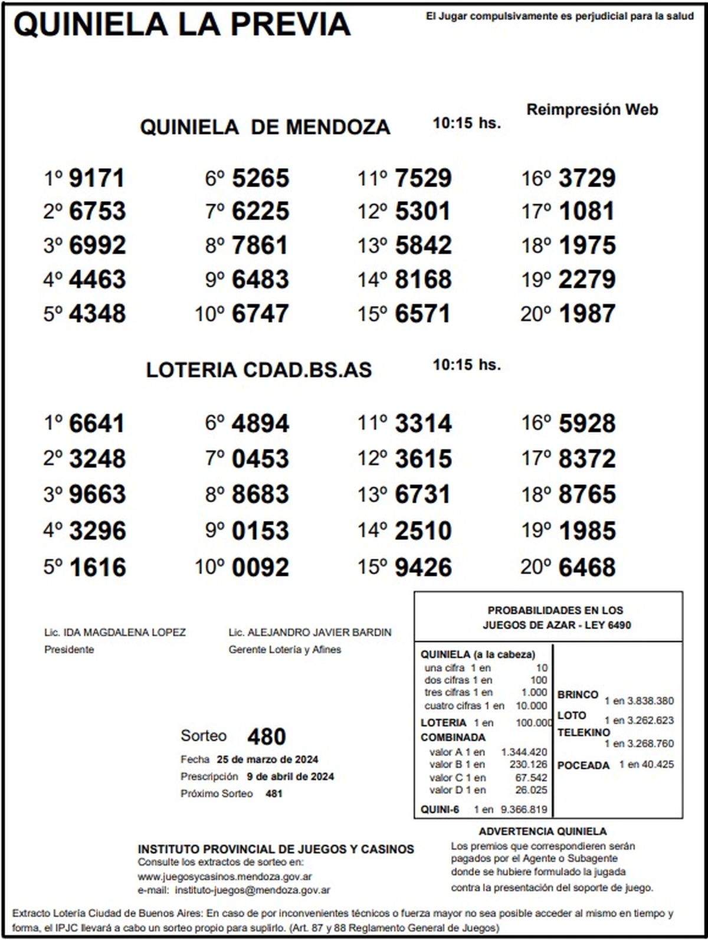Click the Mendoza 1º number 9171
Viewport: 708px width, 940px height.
[97, 178]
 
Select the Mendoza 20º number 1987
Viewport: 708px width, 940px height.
[587, 314]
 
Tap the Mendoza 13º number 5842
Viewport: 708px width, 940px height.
[423, 245]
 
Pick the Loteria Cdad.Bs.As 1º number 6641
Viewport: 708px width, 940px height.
[97, 424]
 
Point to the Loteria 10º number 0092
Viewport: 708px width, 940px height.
[260, 568]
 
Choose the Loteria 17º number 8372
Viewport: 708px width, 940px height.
[587, 459]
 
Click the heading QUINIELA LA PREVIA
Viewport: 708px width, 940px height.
[182, 24]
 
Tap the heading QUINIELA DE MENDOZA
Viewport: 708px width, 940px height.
[265, 127]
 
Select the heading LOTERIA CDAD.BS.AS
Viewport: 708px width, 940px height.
[259, 370]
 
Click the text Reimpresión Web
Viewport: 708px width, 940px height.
[592, 110]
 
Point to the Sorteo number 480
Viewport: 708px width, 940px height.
[267, 736]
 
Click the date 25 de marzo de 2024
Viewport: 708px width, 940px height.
[267, 759]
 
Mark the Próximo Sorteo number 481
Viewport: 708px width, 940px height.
[274, 794]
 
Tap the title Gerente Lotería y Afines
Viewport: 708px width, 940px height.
[284, 650]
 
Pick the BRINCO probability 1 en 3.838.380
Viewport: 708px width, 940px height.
[638, 701]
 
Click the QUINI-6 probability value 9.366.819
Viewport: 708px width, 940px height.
[524, 810]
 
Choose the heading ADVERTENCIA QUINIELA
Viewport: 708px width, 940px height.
[542, 831]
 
